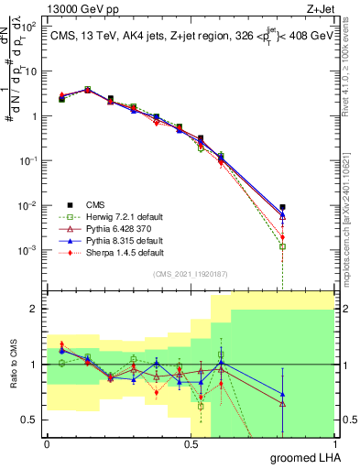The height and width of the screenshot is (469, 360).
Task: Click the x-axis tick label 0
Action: click(47, 444)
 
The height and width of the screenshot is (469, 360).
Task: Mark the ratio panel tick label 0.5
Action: click(27, 420)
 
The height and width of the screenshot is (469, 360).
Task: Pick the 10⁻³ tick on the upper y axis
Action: click(29, 250)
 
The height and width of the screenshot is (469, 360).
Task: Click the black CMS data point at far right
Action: click(283, 207)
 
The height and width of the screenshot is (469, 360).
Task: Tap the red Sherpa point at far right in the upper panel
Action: click(283, 237)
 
